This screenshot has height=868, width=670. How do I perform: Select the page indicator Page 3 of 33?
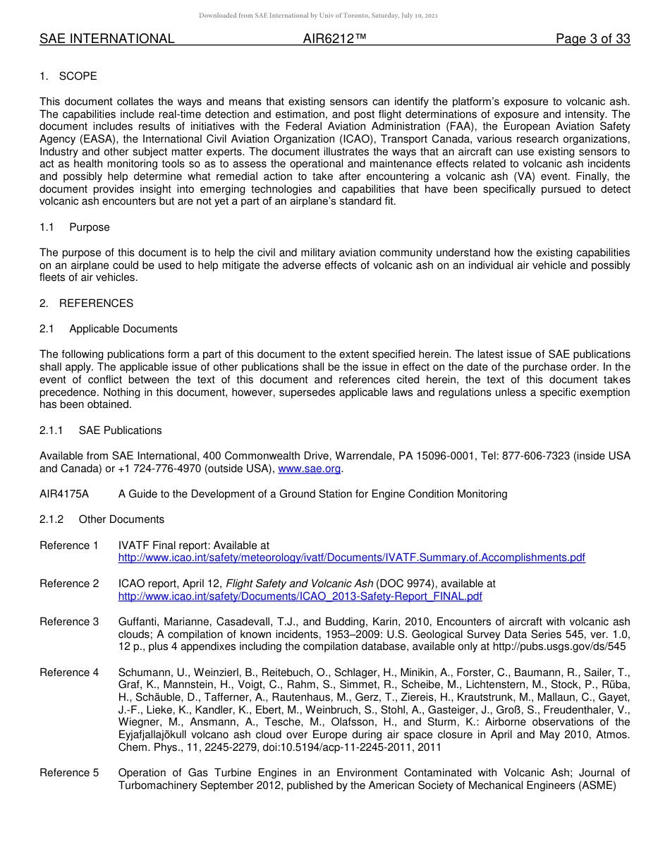(592, 39)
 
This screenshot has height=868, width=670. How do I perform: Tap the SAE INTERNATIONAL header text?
(107, 39)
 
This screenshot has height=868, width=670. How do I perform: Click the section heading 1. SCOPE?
(68, 76)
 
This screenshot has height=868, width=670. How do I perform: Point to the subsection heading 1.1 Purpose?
(75, 227)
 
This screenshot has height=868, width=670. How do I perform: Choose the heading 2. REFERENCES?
(86, 303)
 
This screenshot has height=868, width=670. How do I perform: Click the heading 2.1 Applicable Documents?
(109, 329)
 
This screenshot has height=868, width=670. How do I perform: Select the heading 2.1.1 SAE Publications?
(101, 430)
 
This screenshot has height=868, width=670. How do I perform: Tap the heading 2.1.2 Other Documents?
(102, 519)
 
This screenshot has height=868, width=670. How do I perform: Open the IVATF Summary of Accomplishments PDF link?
(351, 557)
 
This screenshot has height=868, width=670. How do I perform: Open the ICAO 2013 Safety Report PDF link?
(300, 596)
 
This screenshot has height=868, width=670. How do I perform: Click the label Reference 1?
(69, 545)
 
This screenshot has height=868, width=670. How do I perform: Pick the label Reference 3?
(69, 622)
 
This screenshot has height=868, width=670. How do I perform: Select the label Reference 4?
(69, 673)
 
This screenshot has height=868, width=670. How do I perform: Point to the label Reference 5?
(69, 773)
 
